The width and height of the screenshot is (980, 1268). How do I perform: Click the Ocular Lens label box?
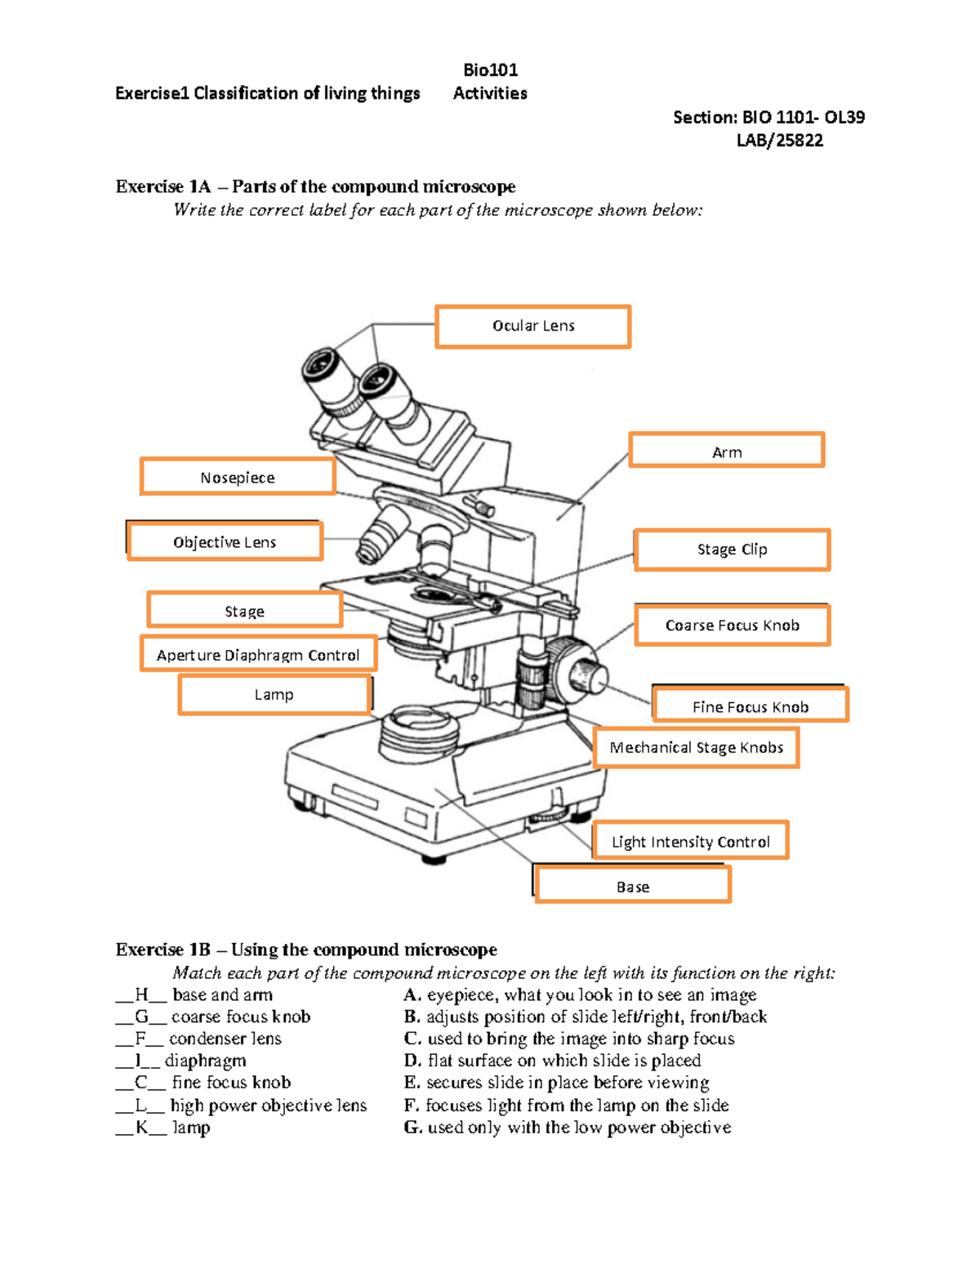pos(532,327)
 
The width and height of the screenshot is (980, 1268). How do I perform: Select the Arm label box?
pos(726,451)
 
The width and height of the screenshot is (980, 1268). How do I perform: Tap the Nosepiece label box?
pos(238,477)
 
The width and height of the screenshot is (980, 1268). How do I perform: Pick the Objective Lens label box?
pos(225,542)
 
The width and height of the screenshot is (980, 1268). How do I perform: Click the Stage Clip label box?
pos(732,549)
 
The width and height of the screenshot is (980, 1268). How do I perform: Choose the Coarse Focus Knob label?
pos(732,625)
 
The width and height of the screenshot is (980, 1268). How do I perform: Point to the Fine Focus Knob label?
pos(750,706)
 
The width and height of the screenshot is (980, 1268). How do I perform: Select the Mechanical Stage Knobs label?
pos(696,748)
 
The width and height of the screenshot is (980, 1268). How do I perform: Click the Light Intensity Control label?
pos(690,841)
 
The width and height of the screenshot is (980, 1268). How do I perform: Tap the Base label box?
pos(632,886)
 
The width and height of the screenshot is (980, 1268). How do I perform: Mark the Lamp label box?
pos(274,695)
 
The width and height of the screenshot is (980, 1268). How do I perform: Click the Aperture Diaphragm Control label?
pos(258,655)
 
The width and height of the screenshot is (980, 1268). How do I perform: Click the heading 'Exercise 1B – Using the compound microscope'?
pos(306,950)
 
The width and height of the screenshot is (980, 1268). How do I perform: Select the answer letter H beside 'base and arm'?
pos(142,994)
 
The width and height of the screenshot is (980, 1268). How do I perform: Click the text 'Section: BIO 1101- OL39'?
pos(768,118)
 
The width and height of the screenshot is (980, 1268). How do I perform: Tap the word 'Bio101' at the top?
pos(490,70)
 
